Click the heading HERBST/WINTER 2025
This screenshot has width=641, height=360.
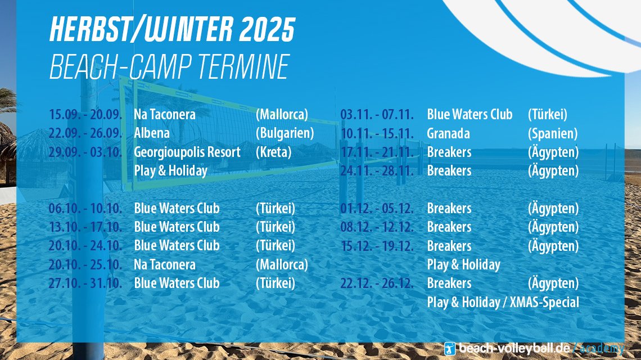click(172, 29)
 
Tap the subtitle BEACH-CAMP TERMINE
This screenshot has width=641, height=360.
click(170, 67)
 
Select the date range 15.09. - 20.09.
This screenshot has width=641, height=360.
click(85, 114)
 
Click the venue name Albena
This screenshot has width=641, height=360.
click(152, 133)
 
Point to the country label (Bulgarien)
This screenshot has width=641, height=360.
click(285, 133)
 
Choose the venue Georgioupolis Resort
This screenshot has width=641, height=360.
click(187, 152)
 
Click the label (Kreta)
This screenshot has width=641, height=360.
click(273, 152)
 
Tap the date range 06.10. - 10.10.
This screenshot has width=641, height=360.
click(85, 208)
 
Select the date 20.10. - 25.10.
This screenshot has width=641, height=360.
click(85, 265)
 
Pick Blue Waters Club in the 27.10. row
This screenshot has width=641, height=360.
click(177, 283)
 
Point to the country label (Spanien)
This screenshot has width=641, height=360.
click(553, 133)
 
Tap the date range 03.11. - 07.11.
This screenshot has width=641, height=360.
click(377, 114)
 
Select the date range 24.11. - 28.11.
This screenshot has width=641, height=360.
click(377, 170)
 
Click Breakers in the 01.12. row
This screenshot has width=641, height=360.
click(449, 208)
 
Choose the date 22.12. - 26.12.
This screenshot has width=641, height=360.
click(377, 283)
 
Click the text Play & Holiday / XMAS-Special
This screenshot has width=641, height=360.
click(503, 302)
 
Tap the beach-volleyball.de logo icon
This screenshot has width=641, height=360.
click(450, 349)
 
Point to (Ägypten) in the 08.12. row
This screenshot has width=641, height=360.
click(553, 227)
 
